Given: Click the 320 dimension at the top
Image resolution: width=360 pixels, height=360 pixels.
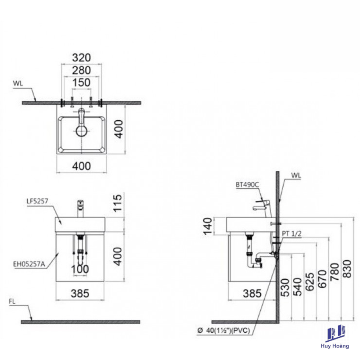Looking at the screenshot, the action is coord(81,58).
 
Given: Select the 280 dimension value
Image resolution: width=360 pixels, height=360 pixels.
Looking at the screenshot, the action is coord(81,70).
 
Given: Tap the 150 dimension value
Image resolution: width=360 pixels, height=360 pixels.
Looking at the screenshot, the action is coord(81,83).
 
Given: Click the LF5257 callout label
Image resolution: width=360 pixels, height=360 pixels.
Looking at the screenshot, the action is coord(37,201).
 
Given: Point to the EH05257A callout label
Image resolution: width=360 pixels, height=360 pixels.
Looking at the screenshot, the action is coord(29,264).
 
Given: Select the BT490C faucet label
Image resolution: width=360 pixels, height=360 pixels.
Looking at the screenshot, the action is coord(247,185).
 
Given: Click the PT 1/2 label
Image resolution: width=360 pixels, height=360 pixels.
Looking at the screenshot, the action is coord(292,234).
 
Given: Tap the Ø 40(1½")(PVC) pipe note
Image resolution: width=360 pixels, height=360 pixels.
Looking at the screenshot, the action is coord(224,330).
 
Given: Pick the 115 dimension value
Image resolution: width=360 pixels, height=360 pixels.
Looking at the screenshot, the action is coord(117,203).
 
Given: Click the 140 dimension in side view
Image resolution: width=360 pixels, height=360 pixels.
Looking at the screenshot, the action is coord(208,226).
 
